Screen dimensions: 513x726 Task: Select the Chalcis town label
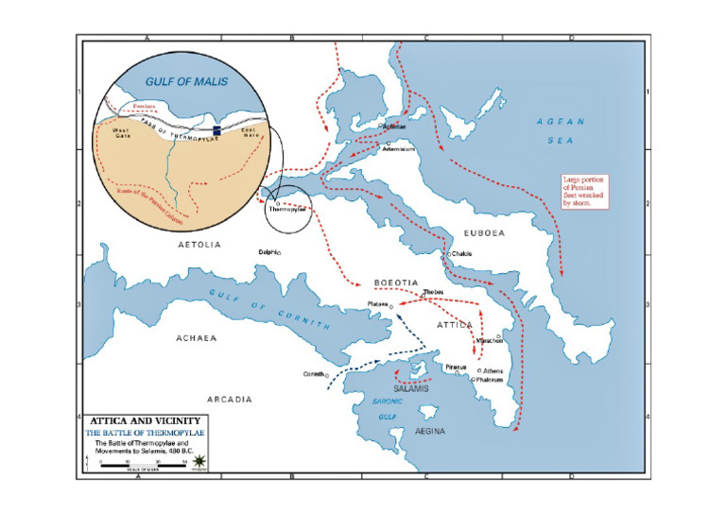[x=462, y=254]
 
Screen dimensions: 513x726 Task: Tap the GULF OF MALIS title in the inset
[x=186, y=83]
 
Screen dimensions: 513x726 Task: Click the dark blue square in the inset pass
[x=216, y=130]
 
